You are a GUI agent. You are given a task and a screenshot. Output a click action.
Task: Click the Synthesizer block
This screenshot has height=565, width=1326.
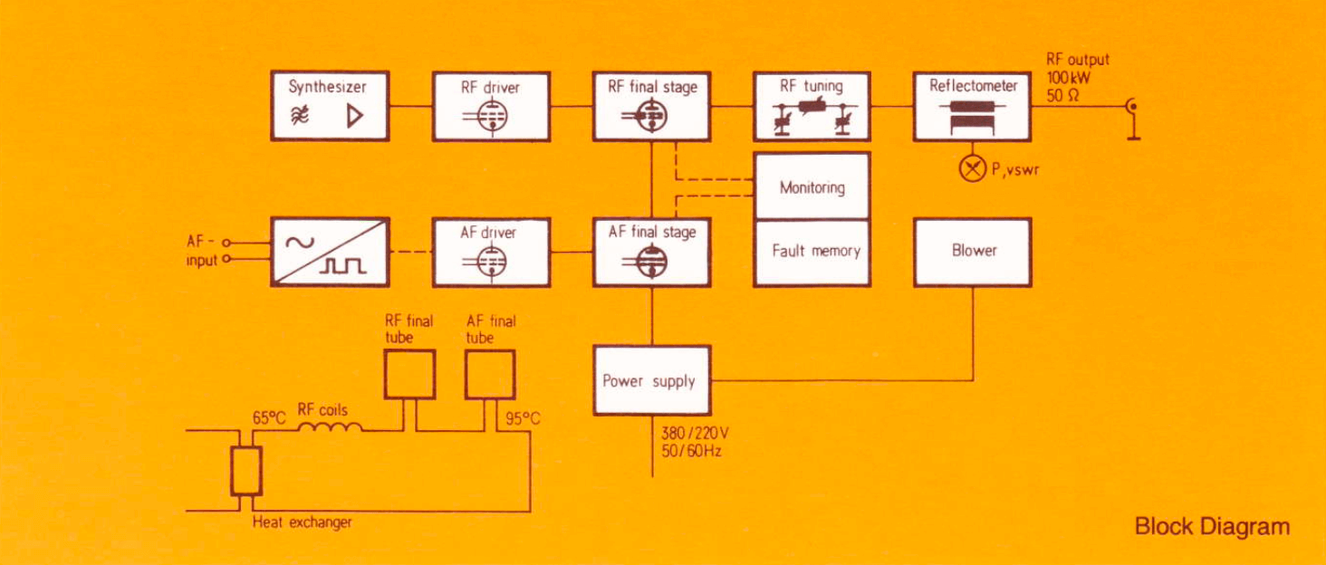click(x=330, y=106)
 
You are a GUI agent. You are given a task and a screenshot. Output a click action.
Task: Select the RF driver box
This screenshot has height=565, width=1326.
click(x=491, y=106)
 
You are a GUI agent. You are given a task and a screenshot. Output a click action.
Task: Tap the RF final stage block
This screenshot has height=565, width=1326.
click(x=651, y=106)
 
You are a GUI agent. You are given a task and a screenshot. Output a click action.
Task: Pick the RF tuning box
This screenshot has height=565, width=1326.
click(x=812, y=106)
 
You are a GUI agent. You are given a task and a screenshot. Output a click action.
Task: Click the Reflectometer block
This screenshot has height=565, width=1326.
click(x=973, y=106)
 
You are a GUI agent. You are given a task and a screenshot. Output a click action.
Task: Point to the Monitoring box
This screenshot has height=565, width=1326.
click(x=812, y=187)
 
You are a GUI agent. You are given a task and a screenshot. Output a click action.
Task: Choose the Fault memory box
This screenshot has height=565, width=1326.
click(x=812, y=252)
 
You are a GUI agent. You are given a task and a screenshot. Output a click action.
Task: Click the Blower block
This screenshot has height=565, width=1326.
click(x=973, y=252)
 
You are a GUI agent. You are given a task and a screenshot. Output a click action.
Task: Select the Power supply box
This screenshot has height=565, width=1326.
click(x=651, y=380)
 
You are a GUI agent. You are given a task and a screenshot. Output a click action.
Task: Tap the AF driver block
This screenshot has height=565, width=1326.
click(x=491, y=252)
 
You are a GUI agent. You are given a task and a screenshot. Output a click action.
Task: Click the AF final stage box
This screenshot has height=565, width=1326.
click(x=651, y=252)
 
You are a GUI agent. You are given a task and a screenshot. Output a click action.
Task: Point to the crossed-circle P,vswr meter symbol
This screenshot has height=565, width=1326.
click(x=973, y=169)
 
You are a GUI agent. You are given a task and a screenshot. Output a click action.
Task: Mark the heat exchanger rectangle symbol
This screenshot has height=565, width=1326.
click(x=245, y=469)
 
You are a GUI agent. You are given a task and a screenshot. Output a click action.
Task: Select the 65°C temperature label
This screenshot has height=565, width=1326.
click(x=269, y=417)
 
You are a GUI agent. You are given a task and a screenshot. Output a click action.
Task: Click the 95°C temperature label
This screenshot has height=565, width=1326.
click(x=523, y=418)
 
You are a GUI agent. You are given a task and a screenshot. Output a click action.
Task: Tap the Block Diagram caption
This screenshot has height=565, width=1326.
click(x=1212, y=526)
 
